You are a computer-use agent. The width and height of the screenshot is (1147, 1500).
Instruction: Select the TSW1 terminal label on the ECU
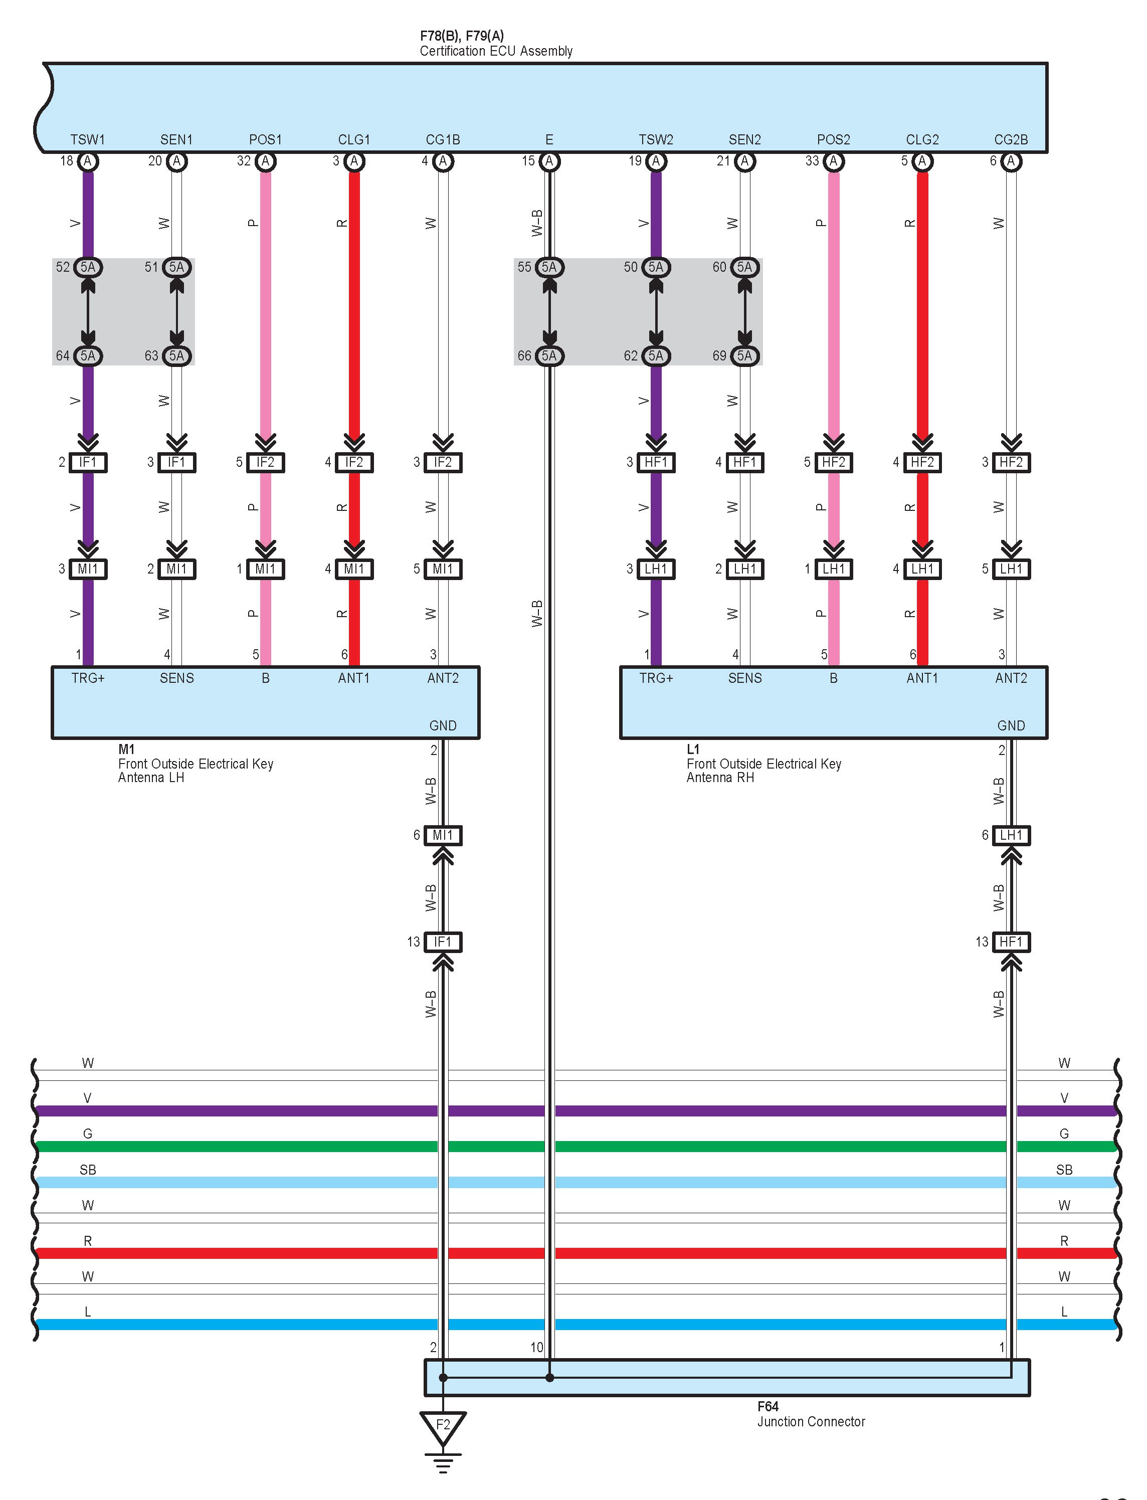pyautogui.click(x=88, y=140)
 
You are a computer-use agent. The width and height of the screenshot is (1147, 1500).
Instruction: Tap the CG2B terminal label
pyautogui.click(x=1011, y=140)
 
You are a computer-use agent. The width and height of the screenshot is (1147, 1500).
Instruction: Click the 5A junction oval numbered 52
pyautogui.click(x=88, y=267)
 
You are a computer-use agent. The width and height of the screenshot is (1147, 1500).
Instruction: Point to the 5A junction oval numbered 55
pyautogui.click(x=549, y=267)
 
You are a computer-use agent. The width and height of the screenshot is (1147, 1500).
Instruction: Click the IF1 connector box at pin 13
pyautogui.click(x=443, y=942)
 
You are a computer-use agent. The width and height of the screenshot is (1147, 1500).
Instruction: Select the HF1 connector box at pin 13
pyautogui.click(x=1011, y=942)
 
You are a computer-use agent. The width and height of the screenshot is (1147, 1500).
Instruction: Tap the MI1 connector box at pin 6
pyautogui.click(x=443, y=835)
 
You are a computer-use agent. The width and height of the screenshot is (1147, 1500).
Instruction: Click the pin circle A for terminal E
pyautogui.click(x=549, y=161)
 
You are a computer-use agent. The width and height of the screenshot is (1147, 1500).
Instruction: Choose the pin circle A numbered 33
pyautogui.click(x=833, y=161)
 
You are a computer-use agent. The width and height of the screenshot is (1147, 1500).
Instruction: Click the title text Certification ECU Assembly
pyautogui.click(x=496, y=51)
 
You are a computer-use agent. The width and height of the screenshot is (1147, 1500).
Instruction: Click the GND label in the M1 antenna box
pyautogui.click(x=443, y=726)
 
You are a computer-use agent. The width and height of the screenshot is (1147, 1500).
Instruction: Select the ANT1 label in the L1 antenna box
pyautogui.click(x=922, y=678)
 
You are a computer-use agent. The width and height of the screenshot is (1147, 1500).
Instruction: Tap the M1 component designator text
pyautogui.click(x=126, y=749)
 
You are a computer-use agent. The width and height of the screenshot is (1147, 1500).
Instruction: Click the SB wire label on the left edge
pyautogui.click(x=88, y=1170)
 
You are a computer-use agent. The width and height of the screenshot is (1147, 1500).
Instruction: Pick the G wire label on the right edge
pyautogui.click(x=1064, y=1134)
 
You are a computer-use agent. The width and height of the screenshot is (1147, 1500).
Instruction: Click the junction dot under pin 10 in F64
pyautogui.click(x=549, y=1378)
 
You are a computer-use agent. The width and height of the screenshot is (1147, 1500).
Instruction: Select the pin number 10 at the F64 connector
pyautogui.click(x=536, y=1347)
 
